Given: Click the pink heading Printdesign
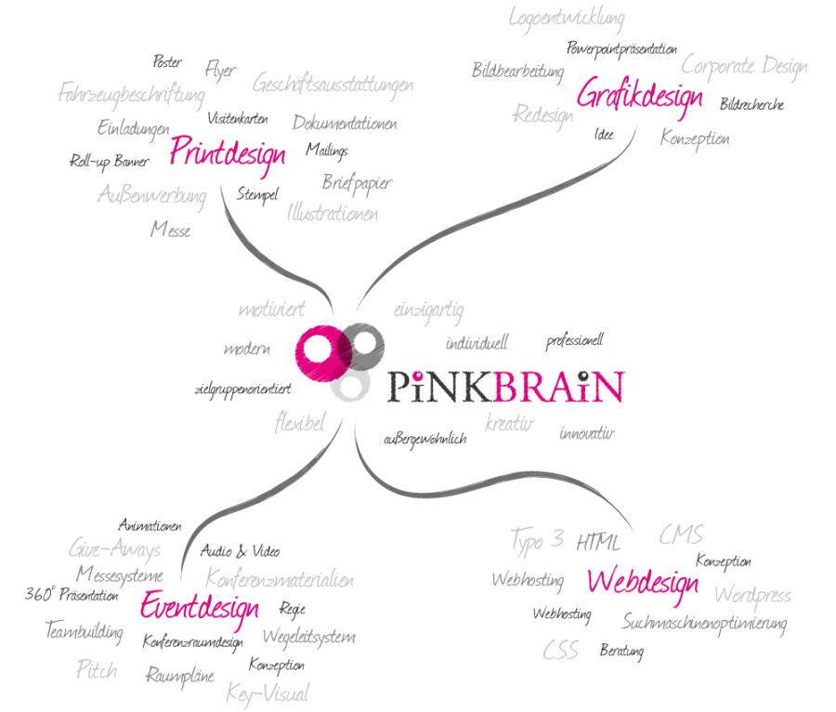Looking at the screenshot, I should click(228, 153).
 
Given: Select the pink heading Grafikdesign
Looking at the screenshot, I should click(639, 96).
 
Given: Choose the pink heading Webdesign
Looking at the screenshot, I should click(643, 583).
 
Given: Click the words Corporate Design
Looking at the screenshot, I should click(744, 66).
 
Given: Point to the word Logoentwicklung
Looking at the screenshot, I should click(567, 18).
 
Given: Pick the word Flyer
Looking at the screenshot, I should click(220, 70).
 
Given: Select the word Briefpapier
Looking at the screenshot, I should click(357, 182).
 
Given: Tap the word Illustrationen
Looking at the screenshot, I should click(333, 213).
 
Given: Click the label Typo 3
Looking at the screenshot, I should click(537, 539).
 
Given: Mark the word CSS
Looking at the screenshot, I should click(560, 650).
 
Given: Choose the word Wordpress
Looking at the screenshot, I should click(752, 595).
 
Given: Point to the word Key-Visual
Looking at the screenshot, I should click(268, 693).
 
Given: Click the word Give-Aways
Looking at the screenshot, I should click(114, 548).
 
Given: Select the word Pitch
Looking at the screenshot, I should click(97, 669).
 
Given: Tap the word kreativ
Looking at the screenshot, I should click(510, 424).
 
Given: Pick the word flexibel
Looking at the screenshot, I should click(299, 424).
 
